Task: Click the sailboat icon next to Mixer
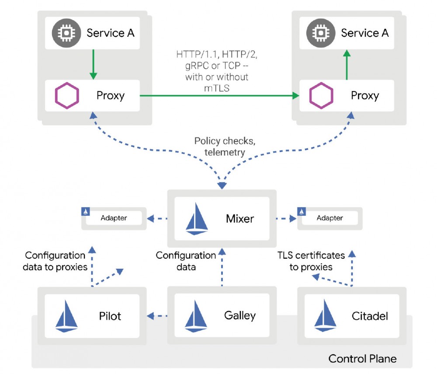coord(197,218)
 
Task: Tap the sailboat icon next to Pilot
coord(66,315)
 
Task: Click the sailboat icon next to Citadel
coord(324,315)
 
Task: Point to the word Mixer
coord(240,218)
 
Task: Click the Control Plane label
coord(362,359)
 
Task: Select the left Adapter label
coord(114,218)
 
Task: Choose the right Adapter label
coord(329,218)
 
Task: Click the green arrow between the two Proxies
coord(218,95)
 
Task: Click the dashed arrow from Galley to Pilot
coord(158,315)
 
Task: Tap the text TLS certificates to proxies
coord(311,261)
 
